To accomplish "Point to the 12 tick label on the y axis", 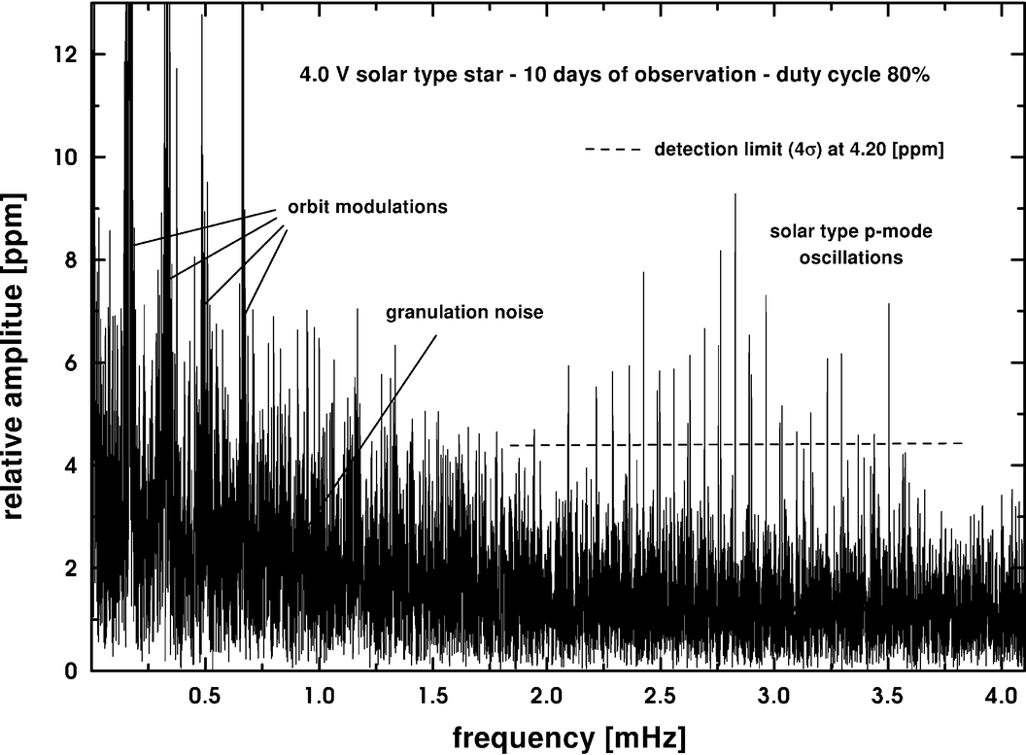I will click(67, 54).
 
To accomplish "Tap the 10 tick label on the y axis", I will click(67, 157).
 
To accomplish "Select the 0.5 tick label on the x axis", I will click(204, 697).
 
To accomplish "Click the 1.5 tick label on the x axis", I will click(432, 697).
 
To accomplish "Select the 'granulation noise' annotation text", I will click(464, 313).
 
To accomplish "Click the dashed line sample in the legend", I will click(612, 150).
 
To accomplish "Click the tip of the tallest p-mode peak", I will click(735, 194).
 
